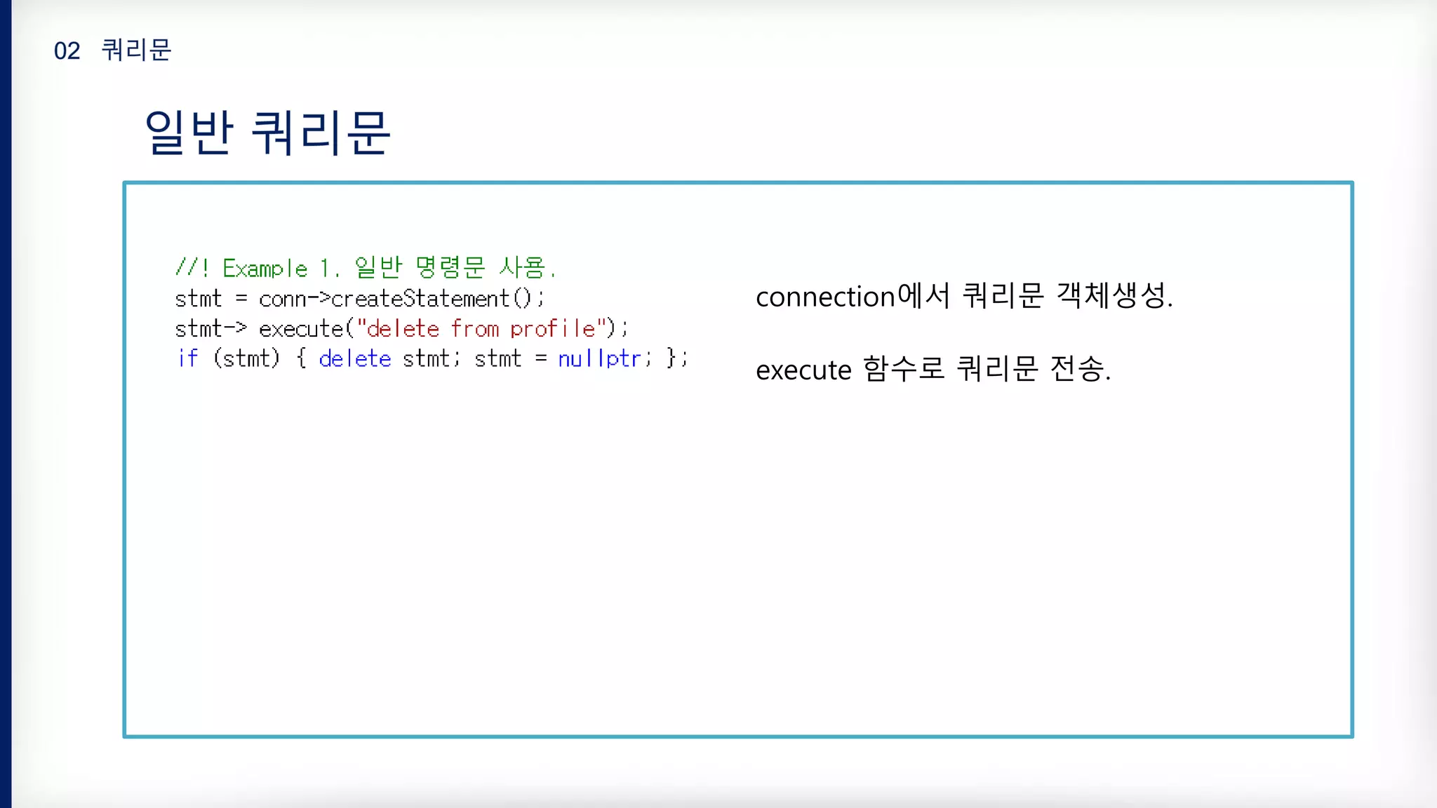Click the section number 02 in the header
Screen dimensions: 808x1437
pos(67,51)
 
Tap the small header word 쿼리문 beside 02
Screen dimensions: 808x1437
pos(136,50)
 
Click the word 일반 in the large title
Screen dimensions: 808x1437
pos(188,133)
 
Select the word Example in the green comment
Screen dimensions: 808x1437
pos(265,269)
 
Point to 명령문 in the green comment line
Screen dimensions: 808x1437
pos(450,267)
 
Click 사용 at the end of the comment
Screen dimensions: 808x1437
pos(522,267)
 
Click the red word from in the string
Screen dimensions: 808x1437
pos(474,328)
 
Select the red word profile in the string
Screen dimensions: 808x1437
pos(552,328)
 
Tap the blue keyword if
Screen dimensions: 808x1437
pos(187,358)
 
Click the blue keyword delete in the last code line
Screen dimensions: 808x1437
pos(354,358)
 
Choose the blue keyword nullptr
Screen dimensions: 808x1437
pos(599,358)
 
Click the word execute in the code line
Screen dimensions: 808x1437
pos(300,328)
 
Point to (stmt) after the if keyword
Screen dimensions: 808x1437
pos(246,358)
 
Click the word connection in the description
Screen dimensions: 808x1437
pos(825,297)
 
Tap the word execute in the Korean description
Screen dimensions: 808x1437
pos(803,370)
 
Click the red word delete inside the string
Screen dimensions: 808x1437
pos(403,328)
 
